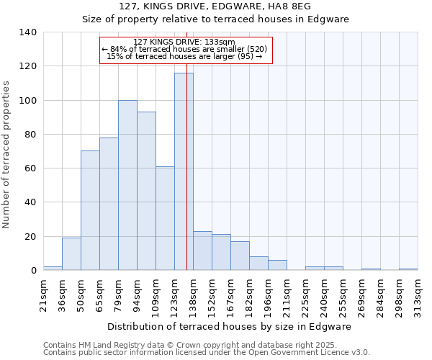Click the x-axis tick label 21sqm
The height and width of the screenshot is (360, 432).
[44, 293]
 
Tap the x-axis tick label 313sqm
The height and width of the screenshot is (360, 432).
[418, 293]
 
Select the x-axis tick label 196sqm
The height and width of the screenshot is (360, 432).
[269, 293]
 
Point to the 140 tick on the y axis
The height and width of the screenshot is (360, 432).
[28, 32]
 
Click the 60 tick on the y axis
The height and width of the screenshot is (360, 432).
[31, 168]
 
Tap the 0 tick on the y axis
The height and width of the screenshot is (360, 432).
[34, 271]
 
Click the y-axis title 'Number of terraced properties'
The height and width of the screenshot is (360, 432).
[7, 154]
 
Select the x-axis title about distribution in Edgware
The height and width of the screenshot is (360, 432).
[230, 326]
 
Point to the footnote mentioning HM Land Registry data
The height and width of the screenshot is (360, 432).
[206, 345]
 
